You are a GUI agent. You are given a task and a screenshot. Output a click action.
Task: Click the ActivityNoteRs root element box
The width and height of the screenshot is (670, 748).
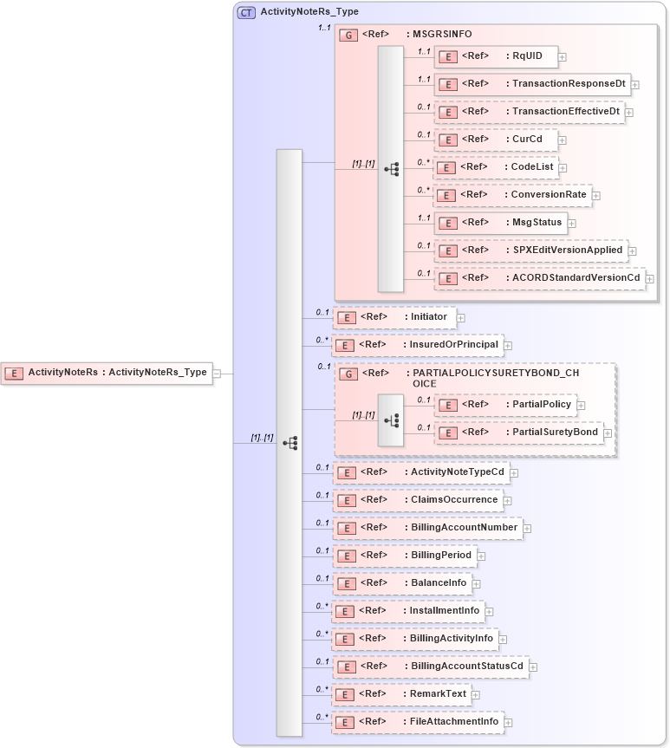click(107, 373)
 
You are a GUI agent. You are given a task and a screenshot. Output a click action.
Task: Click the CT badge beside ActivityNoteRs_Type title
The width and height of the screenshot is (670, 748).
click(246, 12)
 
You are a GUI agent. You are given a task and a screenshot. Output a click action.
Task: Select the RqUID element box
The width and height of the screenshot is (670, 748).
click(495, 56)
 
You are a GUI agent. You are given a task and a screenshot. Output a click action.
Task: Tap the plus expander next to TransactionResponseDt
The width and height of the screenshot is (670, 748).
click(635, 85)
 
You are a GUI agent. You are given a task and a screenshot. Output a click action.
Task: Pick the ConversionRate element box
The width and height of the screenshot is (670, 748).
click(512, 195)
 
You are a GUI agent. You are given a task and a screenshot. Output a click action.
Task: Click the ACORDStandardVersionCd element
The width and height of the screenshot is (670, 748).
click(539, 278)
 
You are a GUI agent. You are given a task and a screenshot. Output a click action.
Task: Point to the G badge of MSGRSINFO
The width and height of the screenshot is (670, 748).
click(348, 35)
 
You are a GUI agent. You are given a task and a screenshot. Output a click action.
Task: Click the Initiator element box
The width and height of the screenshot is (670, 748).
click(394, 317)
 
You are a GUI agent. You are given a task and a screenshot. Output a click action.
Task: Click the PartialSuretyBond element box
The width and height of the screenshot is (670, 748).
click(517, 433)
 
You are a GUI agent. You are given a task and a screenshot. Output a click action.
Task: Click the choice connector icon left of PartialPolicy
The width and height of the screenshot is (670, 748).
click(391, 420)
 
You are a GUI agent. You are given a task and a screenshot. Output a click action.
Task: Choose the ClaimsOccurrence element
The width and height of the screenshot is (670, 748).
click(418, 500)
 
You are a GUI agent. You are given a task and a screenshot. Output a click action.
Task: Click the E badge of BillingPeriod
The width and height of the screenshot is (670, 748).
click(347, 556)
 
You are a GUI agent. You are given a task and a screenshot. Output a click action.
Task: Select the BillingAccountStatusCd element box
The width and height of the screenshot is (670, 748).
click(431, 667)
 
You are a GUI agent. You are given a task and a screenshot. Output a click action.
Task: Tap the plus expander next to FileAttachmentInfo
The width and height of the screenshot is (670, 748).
click(509, 722)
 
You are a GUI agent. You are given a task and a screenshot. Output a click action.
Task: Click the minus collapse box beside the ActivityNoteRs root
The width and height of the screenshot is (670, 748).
click(217, 374)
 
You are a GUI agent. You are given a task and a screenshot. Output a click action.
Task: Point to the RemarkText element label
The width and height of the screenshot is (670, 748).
click(438, 693)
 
